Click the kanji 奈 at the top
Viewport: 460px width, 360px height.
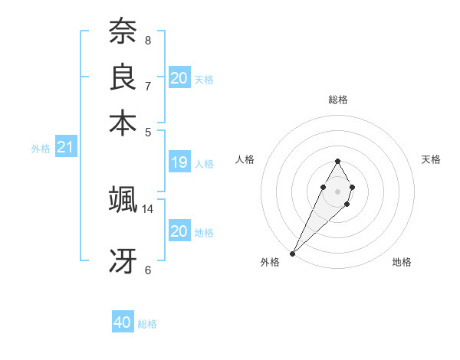click(123, 33)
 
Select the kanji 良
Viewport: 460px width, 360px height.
click(123, 77)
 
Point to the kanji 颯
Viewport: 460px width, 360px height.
click(123, 200)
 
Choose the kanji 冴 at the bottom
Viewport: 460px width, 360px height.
click(123, 261)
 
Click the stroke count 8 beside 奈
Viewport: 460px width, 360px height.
click(147, 40)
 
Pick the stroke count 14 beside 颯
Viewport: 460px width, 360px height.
click(148, 208)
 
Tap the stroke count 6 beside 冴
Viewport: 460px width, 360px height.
click(147, 270)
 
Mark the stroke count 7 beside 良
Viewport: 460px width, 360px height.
click(147, 85)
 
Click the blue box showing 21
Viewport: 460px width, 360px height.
click(66, 147)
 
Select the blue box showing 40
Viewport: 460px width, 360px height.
click(123, 323)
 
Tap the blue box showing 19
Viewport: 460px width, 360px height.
click(179, 162)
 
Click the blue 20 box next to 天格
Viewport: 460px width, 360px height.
click(179, 78)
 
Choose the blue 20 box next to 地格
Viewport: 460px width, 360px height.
click(179, 231)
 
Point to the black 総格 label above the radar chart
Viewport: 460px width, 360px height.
click(337, 100)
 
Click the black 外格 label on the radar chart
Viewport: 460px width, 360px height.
click(270, 263)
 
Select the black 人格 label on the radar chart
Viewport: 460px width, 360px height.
click(245, 159)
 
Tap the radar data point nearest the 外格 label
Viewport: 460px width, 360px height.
click(293, 253)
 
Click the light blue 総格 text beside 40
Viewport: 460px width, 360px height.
click(147, 324)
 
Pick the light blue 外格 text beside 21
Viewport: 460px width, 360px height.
click(41, 149)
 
